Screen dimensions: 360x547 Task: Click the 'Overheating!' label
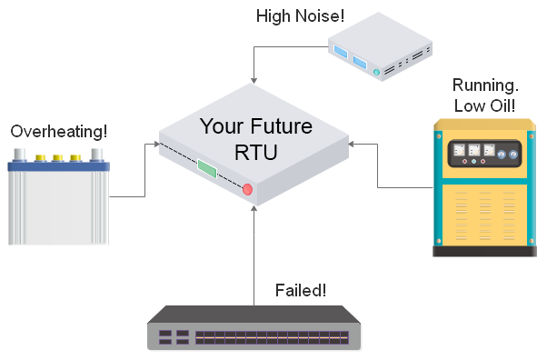(56, 133)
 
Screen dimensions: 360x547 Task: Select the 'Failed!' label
(300, 291)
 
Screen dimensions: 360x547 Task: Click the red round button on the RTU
(247, 189)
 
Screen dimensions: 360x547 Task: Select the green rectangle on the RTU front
(207, 169)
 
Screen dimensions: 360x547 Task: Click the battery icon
(58, 201)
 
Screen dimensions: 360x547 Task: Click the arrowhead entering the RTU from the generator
(355, 144)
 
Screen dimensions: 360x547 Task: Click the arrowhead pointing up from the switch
(256, 211)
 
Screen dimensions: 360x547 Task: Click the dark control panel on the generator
(478, 155)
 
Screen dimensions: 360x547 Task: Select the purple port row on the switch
(273, 337)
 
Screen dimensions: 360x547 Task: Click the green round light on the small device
(376, 71)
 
